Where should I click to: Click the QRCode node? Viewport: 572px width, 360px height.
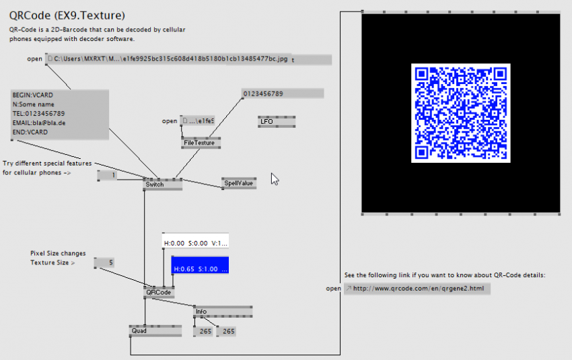pos(159,293)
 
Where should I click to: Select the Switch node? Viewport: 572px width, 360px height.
pos(162,184)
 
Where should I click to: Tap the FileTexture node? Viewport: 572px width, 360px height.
pos(199,143)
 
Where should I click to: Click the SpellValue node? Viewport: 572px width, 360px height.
pos(239,184)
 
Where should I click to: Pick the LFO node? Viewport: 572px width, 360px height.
pos(276,122)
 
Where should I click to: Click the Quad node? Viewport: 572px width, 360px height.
pos(145,331)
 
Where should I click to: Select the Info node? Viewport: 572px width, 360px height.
pos(222,312)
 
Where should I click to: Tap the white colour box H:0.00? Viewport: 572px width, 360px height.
pos(195,242)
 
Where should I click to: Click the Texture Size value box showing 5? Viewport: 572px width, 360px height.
pos(104,262)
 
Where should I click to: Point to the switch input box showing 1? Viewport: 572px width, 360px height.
pos(108,176)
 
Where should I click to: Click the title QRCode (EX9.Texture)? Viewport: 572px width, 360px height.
pos(67,14)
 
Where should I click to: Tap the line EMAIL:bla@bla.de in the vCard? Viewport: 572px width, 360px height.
pos(39,123)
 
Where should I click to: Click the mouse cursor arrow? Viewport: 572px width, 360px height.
pos(274,178)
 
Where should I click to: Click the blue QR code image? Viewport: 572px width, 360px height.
pos(460,113)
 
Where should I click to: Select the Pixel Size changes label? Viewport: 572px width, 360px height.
pos(58,254)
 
